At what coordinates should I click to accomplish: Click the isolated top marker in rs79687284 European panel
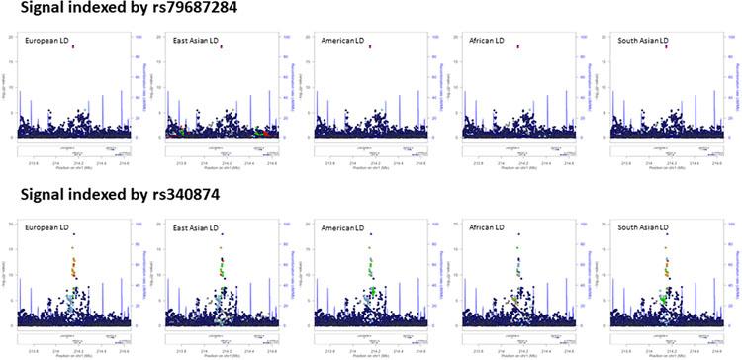[73, 46]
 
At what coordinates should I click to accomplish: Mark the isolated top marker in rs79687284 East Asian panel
[222, 46]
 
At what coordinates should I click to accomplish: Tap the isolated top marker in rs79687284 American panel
[370, 46]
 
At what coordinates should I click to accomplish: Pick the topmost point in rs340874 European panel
[73, 234]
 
